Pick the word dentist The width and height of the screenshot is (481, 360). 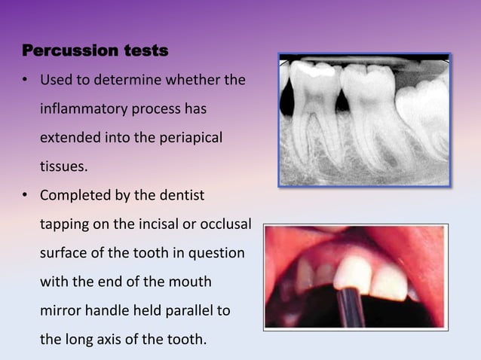[x=182, y=196]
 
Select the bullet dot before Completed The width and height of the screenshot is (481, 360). [x=26, y=196]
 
